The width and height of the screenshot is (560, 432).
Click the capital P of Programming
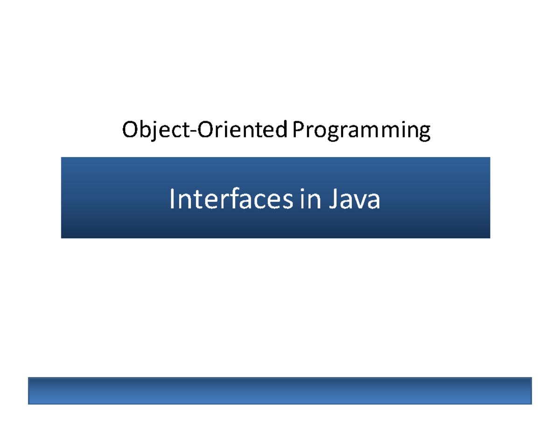tap(298, 130)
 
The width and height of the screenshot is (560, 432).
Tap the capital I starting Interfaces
tap(172, 199)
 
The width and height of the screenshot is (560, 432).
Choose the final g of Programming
tap(423, 133)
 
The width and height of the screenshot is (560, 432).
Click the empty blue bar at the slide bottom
tap(280, 391)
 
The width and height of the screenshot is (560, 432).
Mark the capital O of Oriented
tap(204, 130)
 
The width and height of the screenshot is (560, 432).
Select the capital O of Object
tap(130, 130)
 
